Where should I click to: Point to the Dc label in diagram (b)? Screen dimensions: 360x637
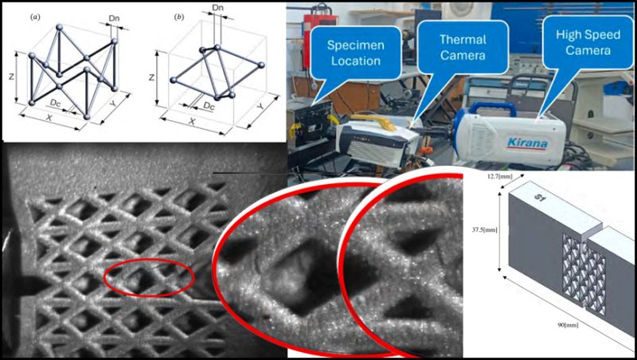click(x=209, y=106)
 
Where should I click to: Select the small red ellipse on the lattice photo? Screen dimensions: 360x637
click(x=149, y=276)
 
